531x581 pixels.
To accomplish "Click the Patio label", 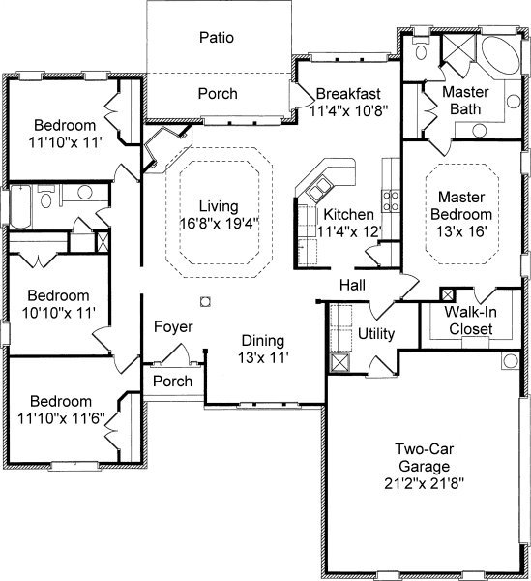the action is [x=217, y=38].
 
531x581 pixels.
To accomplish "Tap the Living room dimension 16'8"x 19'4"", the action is [x=219, y=224].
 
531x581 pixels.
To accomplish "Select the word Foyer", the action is [x=173, y=327].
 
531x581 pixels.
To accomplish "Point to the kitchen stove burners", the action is [x=391, y=200].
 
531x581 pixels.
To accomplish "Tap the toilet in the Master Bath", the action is [x=421, y=49].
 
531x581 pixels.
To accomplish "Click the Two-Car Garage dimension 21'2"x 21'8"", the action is [x=424, y=483].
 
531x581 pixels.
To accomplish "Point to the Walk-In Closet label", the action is [x=470, y=321].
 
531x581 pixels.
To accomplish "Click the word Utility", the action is [x=376, y=334].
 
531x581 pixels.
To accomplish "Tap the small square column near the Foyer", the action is [x=205, y=301].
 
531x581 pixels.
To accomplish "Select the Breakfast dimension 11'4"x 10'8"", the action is [x=348, y=110].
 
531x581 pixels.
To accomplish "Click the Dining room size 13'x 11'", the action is [x=263, y=358].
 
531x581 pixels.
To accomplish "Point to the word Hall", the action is [x=352, y=285].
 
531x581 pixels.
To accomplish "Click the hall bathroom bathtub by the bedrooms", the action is [x=20, y=206].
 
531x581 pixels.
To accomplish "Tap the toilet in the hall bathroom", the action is [x=45, y=197].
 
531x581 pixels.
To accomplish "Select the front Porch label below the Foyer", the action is [x=172, y=381].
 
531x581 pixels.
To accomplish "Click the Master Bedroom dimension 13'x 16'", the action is [x=461, y=231].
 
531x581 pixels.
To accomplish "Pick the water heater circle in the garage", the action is [x=511, y=360].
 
